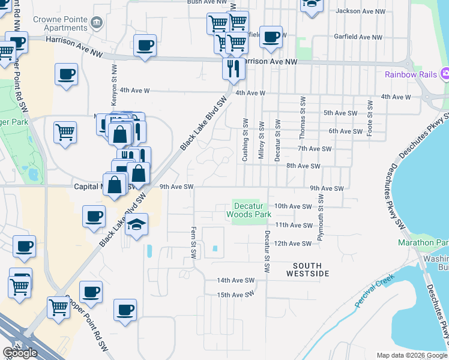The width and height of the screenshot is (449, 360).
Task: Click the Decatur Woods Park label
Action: (x=249, y=210)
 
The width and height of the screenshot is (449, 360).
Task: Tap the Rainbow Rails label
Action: (x=411, y=75)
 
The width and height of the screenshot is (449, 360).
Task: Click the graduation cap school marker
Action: (x=137, y=226)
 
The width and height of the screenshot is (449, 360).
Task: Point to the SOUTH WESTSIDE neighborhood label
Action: (x=307, y=269)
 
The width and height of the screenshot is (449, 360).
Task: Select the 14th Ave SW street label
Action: (x=236, y=280)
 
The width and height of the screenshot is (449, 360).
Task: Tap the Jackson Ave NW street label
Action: (x=360, y=11)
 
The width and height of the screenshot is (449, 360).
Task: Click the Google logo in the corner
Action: (x=20, y=353)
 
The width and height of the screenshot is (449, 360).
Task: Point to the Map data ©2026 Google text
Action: (x=412, y=355)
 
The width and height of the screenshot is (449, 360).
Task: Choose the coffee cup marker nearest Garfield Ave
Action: (x=271, y=36)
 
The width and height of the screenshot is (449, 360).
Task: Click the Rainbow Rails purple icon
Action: (x=445, y=75)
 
